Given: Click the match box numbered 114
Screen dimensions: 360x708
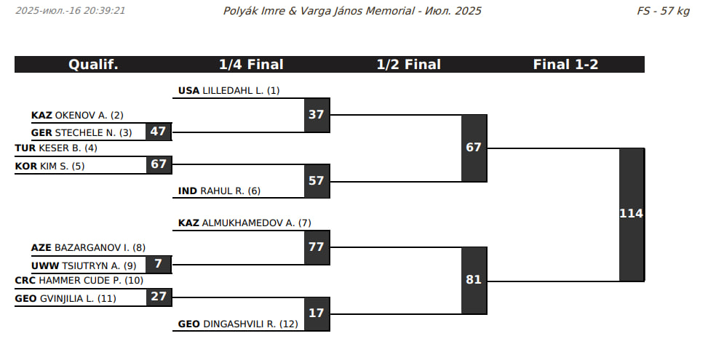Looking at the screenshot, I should coord(632,214).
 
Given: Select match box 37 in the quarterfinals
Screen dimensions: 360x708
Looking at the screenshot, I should coord(317,114).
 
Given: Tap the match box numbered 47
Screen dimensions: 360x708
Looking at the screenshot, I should coord(159,132).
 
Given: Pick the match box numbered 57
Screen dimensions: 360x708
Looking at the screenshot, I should coord(317,181).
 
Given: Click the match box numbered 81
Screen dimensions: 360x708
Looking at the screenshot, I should coord(474,279).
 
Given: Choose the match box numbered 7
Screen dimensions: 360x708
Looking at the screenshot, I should coord(159,264).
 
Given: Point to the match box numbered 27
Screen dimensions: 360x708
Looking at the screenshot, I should coord(159,297).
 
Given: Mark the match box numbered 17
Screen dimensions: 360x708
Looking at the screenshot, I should coord(317,314).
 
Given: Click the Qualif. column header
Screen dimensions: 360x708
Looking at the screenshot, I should coord(93,65).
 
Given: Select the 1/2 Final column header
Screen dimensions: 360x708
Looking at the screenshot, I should coord(408,65).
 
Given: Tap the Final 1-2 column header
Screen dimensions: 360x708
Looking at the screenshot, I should coord(565,65).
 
